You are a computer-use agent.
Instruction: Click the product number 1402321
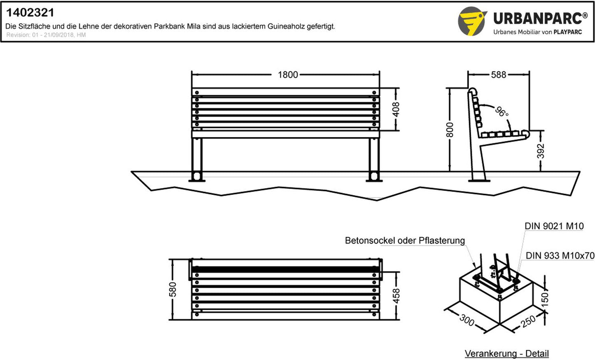coord(30,12)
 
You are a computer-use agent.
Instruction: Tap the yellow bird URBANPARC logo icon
coord(472,21)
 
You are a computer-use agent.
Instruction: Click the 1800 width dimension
coord(288,75)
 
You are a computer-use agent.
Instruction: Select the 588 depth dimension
coord(498,75)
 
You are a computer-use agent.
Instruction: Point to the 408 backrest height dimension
coord(396,109)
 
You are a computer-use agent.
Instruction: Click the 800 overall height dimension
coord(449,130)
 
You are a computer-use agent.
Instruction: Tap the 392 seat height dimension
coord(541,151)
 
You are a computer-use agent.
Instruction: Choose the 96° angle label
coord(502,112)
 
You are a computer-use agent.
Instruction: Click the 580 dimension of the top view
coord(173,289)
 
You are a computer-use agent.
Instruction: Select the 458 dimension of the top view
coord(396,296)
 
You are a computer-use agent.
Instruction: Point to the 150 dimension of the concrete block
coord(544,300)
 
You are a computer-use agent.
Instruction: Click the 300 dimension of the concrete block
coord(467,320)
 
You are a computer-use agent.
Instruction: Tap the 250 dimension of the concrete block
coord(528,321)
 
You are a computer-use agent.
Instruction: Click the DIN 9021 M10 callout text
coord(554,226)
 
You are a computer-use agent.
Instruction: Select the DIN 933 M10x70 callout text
coord(560,256)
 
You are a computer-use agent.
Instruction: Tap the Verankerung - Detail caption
coord(506,354)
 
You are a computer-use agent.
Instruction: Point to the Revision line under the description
coord(46,35)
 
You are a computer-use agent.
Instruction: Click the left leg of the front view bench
coord(197,159)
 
